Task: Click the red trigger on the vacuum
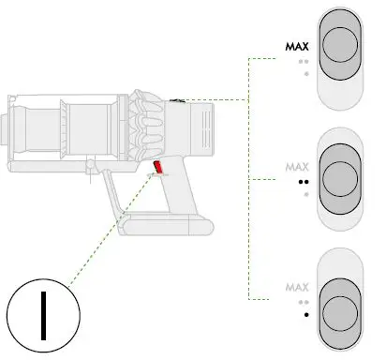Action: [157, 167]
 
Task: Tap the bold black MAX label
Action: [297, 47]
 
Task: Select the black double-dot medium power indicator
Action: [304, 182]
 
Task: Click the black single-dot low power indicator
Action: [306, 315]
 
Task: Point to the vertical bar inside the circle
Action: [44, 316]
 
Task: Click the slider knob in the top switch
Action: [340, 44]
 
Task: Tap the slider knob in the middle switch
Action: [340, 179]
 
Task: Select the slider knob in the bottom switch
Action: [340, 314]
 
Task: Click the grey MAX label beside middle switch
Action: [297, 167]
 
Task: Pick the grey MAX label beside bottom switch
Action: [297, 287]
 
